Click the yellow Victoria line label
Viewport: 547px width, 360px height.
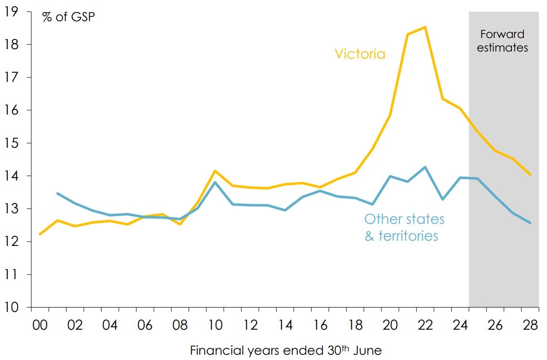point(360,53)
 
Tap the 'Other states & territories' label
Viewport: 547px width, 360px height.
point(404,227)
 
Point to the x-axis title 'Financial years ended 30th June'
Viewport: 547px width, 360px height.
point(286,350)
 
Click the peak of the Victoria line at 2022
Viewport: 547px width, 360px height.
point(425,27)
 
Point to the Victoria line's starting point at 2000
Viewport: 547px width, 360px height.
point(40,234)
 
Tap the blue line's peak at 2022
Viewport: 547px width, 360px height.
point(425,167)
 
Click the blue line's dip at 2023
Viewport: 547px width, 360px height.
point(442,199)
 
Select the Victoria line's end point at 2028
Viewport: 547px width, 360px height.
point(530,175)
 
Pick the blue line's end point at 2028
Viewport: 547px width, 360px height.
point(530,222)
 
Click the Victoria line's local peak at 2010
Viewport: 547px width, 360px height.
point(215,171)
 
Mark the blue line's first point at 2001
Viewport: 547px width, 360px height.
point(57,193)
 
